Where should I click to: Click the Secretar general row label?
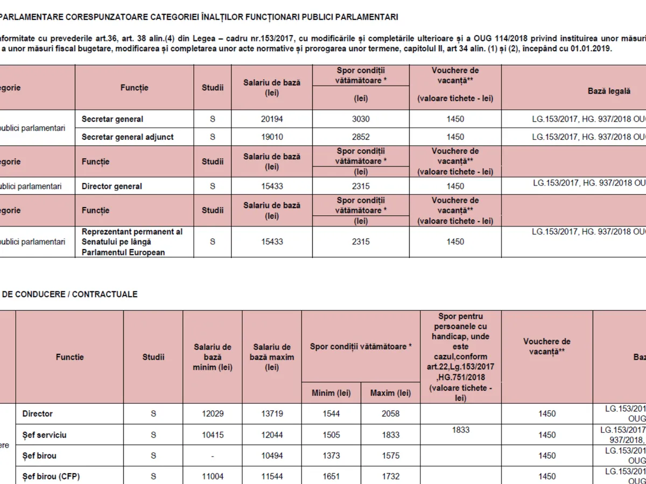(113, 119)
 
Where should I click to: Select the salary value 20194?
(272, 119)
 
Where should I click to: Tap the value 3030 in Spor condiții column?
(361, 119)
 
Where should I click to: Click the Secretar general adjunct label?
(128, 137)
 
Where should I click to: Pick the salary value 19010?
(272, 137)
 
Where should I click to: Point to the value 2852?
(361, 137)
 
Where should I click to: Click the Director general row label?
(112, 186)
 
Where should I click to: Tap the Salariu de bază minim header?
(213, 357)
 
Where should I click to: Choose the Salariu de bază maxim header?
(272, 357)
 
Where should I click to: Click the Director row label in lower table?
(38, 414)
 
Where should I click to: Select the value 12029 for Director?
(213, 414)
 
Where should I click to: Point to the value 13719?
(272, 414)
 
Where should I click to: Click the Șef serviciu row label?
(45, 435)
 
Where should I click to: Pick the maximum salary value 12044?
(272, 435)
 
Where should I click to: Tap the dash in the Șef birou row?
(213, 455)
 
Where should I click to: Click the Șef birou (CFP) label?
(51, 476)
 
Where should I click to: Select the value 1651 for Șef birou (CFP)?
(331, 476)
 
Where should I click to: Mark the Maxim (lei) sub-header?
(390, 393)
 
